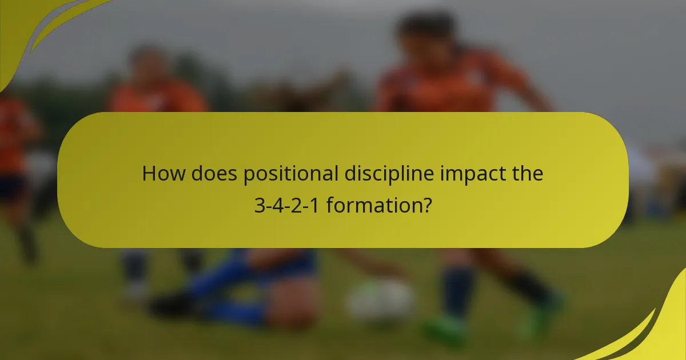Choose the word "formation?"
(x=379, y=205)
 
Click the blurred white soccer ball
(x=381, y=300)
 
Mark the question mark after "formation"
(x=426, y=205)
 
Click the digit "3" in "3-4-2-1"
(x=259, y=205)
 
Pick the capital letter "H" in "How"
(x=149, y=173)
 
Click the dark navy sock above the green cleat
(x=457, y=291)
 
